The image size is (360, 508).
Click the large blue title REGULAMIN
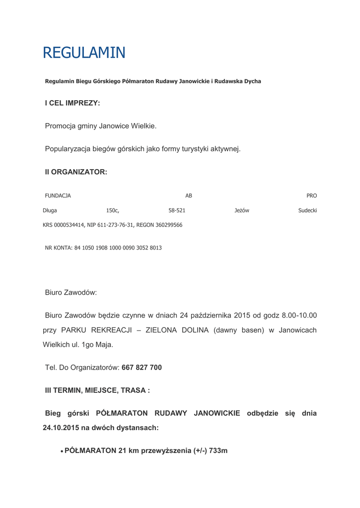84,53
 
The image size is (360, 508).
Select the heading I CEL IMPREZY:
72,103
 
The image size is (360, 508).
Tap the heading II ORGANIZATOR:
76,172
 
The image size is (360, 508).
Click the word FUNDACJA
58,196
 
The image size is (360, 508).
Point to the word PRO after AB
312,196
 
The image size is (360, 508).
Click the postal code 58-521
177,211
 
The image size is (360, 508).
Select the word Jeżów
242,211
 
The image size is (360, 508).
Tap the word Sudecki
307,211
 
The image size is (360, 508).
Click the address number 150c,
113,211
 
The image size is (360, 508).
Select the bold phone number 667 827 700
142,368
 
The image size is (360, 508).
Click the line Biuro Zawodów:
71,293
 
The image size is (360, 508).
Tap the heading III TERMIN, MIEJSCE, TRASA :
97,390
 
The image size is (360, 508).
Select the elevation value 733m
218,451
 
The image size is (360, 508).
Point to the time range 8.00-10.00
299,315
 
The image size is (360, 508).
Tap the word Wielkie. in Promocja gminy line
144,126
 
